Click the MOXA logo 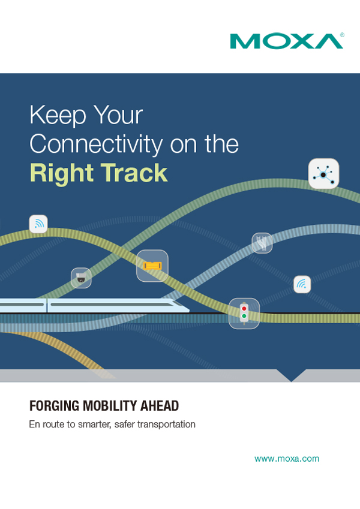[x=287, y=41]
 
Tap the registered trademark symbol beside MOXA [x=342, y=35]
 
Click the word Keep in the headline [x=58, y=116]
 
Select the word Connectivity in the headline [x=96, y=144]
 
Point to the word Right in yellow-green [x=62, y=173]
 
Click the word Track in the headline [x=134, y=173]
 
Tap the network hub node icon [x=323, y=174]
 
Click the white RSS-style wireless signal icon [x=38, y=224]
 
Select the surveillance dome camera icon [x=81, y=278]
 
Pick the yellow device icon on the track [x=152, y=266]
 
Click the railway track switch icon [x=262, y=243]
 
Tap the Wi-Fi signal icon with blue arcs [x=302, y=284]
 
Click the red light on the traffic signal [x=244, y=308]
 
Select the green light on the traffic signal [x=244, y=316]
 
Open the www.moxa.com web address [x=287, y=459]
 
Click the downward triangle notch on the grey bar [x=292, y=374]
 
